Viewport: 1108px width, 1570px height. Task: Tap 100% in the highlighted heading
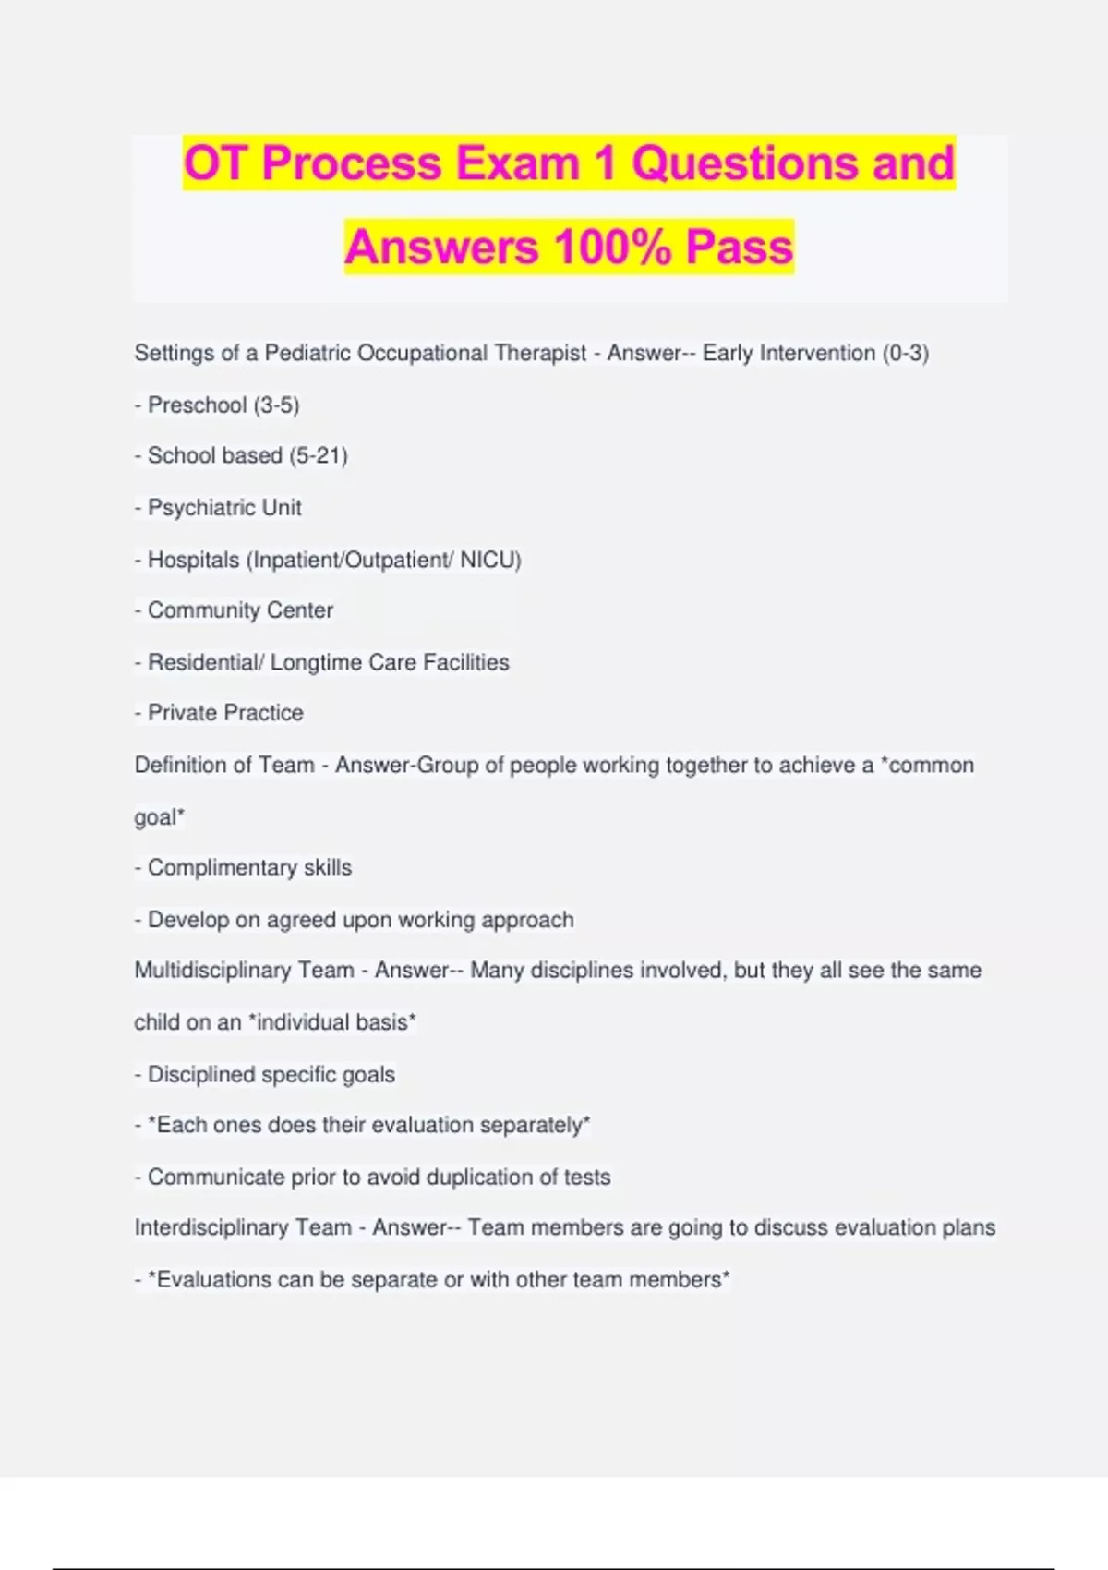coord(612,247)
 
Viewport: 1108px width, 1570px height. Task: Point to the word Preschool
coord(198,405)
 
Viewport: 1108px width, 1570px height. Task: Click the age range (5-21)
coord(319,455)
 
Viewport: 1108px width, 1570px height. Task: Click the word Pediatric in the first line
coord(307,353)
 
